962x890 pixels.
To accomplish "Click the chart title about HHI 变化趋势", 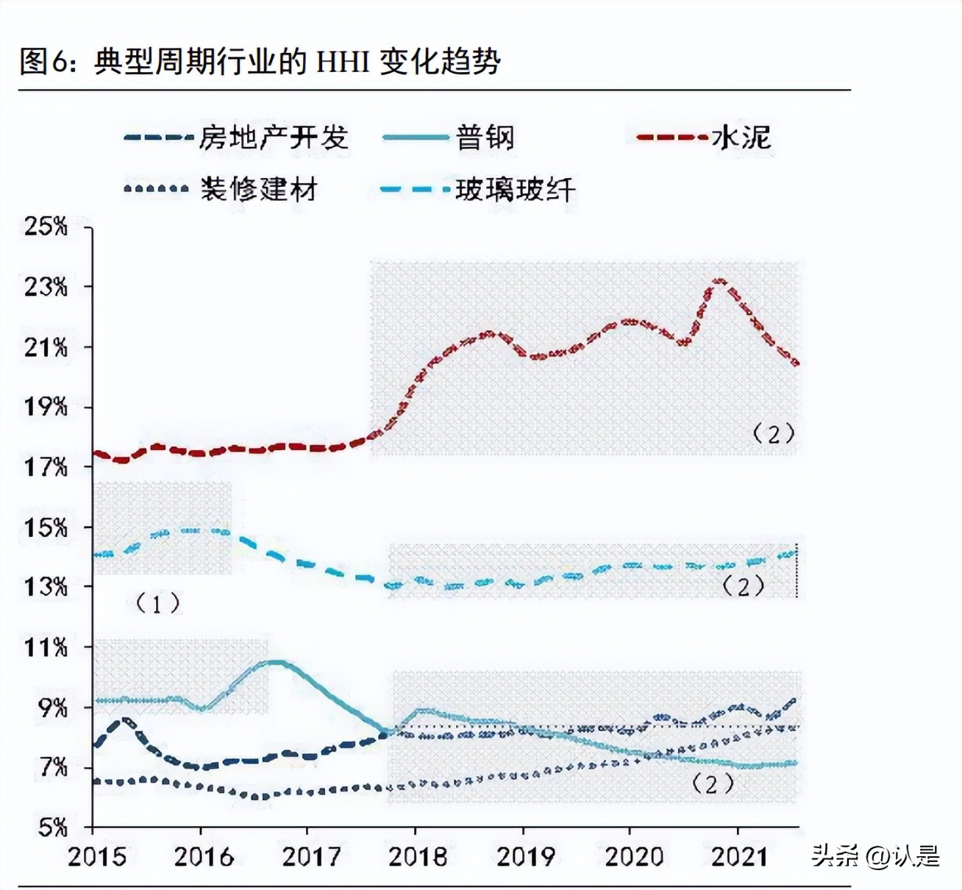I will tap(260, 62).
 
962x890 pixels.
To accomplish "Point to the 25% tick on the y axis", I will tap(46, 226).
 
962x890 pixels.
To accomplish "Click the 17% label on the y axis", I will tap(46, 466).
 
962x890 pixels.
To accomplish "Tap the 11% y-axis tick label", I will tap(46, 647).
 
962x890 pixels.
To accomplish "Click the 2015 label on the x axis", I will tap(96, 857).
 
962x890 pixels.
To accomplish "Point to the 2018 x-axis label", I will tap(417, 857).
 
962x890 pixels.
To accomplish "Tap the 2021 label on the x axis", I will tap(739, 857).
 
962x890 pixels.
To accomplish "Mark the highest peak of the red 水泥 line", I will tap(719, 281).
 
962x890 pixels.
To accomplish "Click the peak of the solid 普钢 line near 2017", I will tap(274, 662).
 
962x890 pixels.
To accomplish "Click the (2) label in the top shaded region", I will tap(773, 434).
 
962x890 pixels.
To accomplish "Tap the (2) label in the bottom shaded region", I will tap(713, 784).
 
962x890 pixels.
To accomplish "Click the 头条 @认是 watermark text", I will tap(875, 855).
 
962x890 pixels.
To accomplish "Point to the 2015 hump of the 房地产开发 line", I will tap(125, 721).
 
